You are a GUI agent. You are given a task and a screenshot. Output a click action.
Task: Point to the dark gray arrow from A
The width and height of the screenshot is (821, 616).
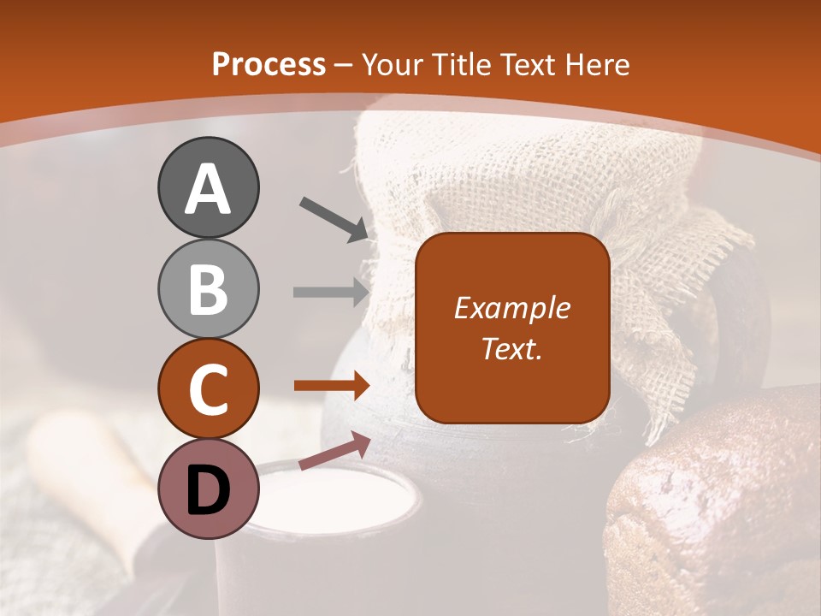tap(334, 219)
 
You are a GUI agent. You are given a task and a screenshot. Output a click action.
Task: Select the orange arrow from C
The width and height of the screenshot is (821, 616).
tap(331, 386)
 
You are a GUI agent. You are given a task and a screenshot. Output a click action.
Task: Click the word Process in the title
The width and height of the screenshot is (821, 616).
tap(269, 64)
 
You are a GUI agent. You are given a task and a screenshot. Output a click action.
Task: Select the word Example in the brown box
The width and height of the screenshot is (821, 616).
tap(511, 308)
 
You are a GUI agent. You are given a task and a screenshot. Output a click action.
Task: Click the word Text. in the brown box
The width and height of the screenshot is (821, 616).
tap(511, 348)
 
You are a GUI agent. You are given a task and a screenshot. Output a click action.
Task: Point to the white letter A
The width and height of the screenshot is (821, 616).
tap(208, 188)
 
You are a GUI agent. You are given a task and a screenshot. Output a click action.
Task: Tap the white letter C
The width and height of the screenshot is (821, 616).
tap(208, 389)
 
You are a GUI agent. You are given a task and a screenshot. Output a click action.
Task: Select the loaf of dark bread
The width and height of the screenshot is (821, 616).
tap(718, 505)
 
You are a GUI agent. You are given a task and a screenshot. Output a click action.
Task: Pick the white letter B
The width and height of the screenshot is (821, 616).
tap(208, 288)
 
